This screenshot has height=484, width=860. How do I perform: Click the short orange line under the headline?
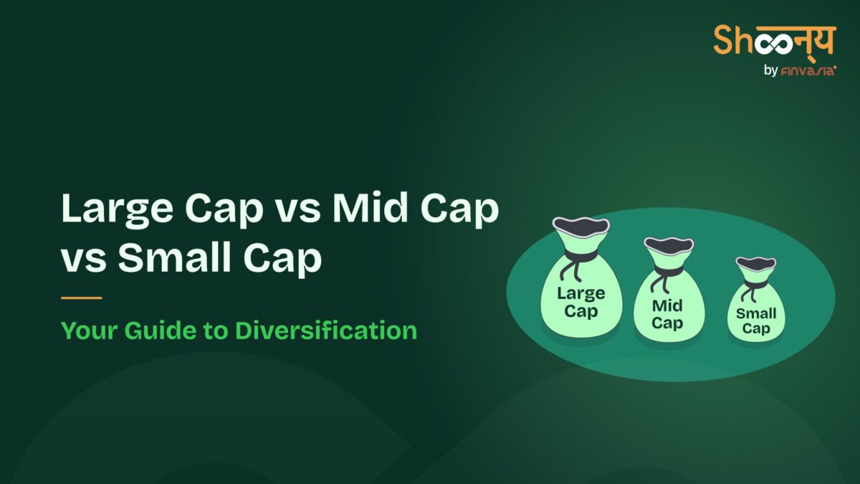(81, 298)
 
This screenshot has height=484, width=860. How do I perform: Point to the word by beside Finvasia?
(771, 71)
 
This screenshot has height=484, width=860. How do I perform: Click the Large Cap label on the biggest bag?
(580, 302)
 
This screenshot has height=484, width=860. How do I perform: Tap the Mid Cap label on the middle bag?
(667, 314)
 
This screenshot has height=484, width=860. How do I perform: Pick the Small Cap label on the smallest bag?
(756, 321)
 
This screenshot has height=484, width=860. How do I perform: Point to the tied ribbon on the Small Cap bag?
(755, 285)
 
